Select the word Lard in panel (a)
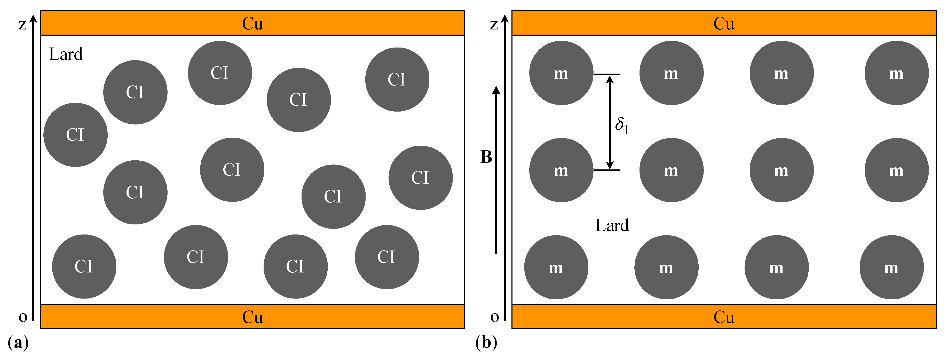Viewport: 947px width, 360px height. (66, 54)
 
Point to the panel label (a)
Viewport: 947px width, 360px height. (18, 342)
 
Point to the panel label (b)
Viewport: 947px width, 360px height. (486, 342)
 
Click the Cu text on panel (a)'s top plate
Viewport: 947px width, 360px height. (252, 24)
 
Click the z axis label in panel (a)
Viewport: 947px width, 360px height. (22, 25)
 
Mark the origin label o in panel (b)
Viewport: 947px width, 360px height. (494, 317)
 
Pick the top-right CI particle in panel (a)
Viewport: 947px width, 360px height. (397, 80)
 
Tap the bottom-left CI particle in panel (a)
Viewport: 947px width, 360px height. (84, 267)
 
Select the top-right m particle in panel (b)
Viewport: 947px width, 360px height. (896, 73)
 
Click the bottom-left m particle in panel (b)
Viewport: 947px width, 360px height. (556, 267)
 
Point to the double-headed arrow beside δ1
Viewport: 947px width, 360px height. (610, 122)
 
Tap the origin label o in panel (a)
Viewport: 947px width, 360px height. (23, 317)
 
